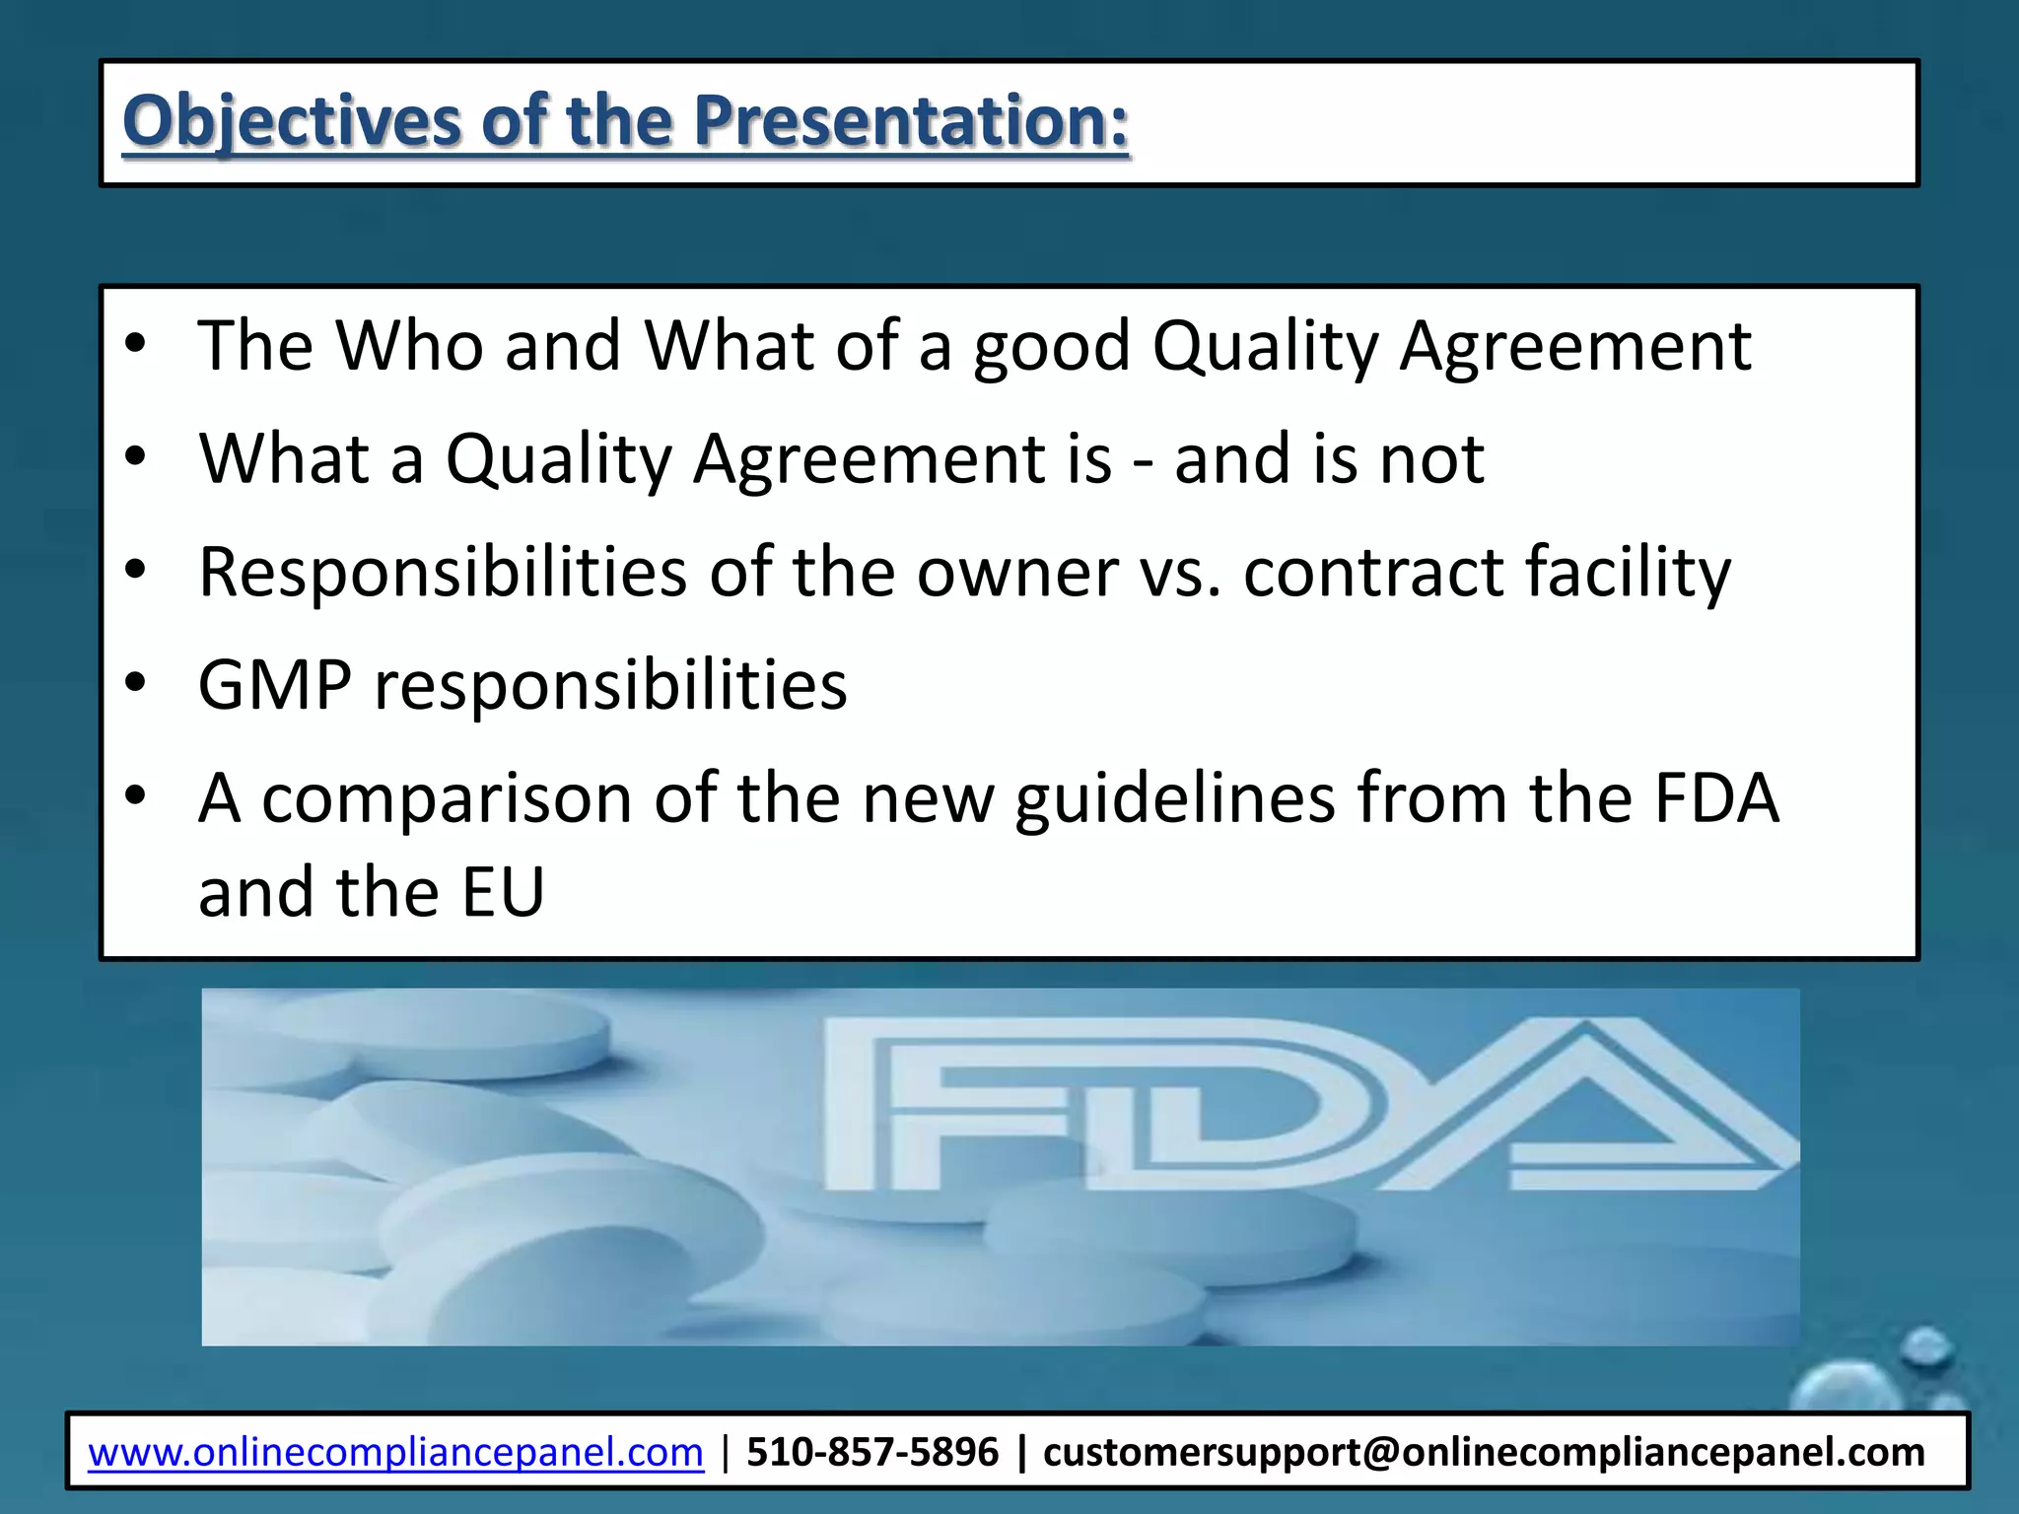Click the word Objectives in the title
coord(291,121)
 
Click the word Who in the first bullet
coord(409,346)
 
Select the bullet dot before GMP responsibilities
coord(136,683)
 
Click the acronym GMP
coord(274,685)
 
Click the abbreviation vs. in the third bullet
coord(1179,573)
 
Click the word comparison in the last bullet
coord(446,798)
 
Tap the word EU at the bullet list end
coord(503,892)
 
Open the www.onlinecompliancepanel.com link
coord(395,1452)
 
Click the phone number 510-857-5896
coord(872,1452)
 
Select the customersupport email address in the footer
coord(1483,1452)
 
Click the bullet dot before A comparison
coord(136,795)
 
